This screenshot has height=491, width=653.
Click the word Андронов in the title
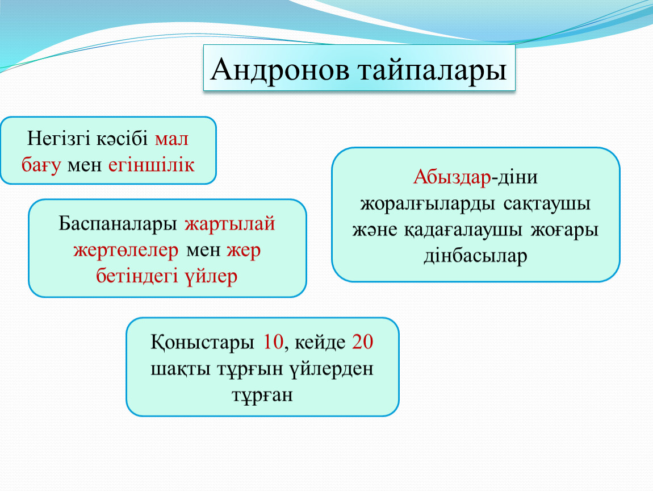click(x=280, y=69)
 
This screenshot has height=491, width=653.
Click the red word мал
click(x=171, y=139)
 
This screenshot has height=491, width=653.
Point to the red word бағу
click(x=41, y=165)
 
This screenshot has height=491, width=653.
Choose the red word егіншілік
click(x=151, y=165)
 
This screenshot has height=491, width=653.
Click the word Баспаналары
click(x=118, y=224)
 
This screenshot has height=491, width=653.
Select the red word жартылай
click(x=230, y=224)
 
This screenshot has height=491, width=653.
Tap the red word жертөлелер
click(x=125, y=251)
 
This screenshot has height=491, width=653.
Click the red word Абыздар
click(x=452, y=177)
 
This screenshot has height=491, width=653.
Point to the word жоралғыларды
click(x=428, y=204)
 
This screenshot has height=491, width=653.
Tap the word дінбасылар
click(x=476, y=256)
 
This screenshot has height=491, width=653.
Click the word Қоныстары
click(x=202, y=342)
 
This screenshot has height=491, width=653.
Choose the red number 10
click(x=274, y=342)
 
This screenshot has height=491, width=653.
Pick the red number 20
click(x=362, y=342)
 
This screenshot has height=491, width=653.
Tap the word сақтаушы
click(x=547, y=204)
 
